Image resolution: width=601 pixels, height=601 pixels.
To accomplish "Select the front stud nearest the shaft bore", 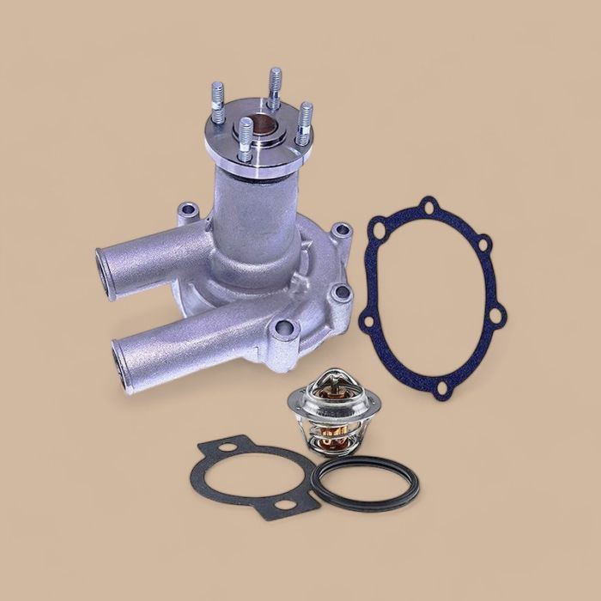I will point(246,137).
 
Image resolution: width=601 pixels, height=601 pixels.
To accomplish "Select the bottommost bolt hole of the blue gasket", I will point(441,391).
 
